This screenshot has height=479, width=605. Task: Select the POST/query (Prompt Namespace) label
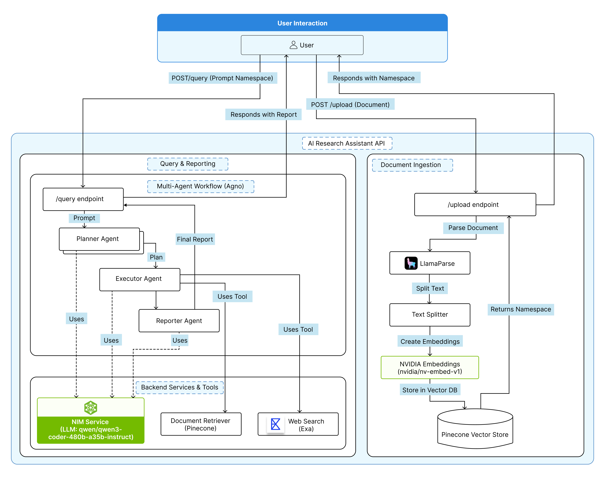pyautogui.click(x=222, y=78)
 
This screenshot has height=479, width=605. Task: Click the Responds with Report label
pyautogui.click(x=263, y=114)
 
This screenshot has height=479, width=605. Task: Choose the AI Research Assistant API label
pyautogui.click(x=347, y=143)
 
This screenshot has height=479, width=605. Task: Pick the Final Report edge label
pyautogui.click(x=195, y=239)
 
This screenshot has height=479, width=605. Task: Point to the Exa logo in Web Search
pyautogui.click(x=275, y=424)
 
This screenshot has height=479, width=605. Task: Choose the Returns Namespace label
pyautogui.click(x=521, y=309)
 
